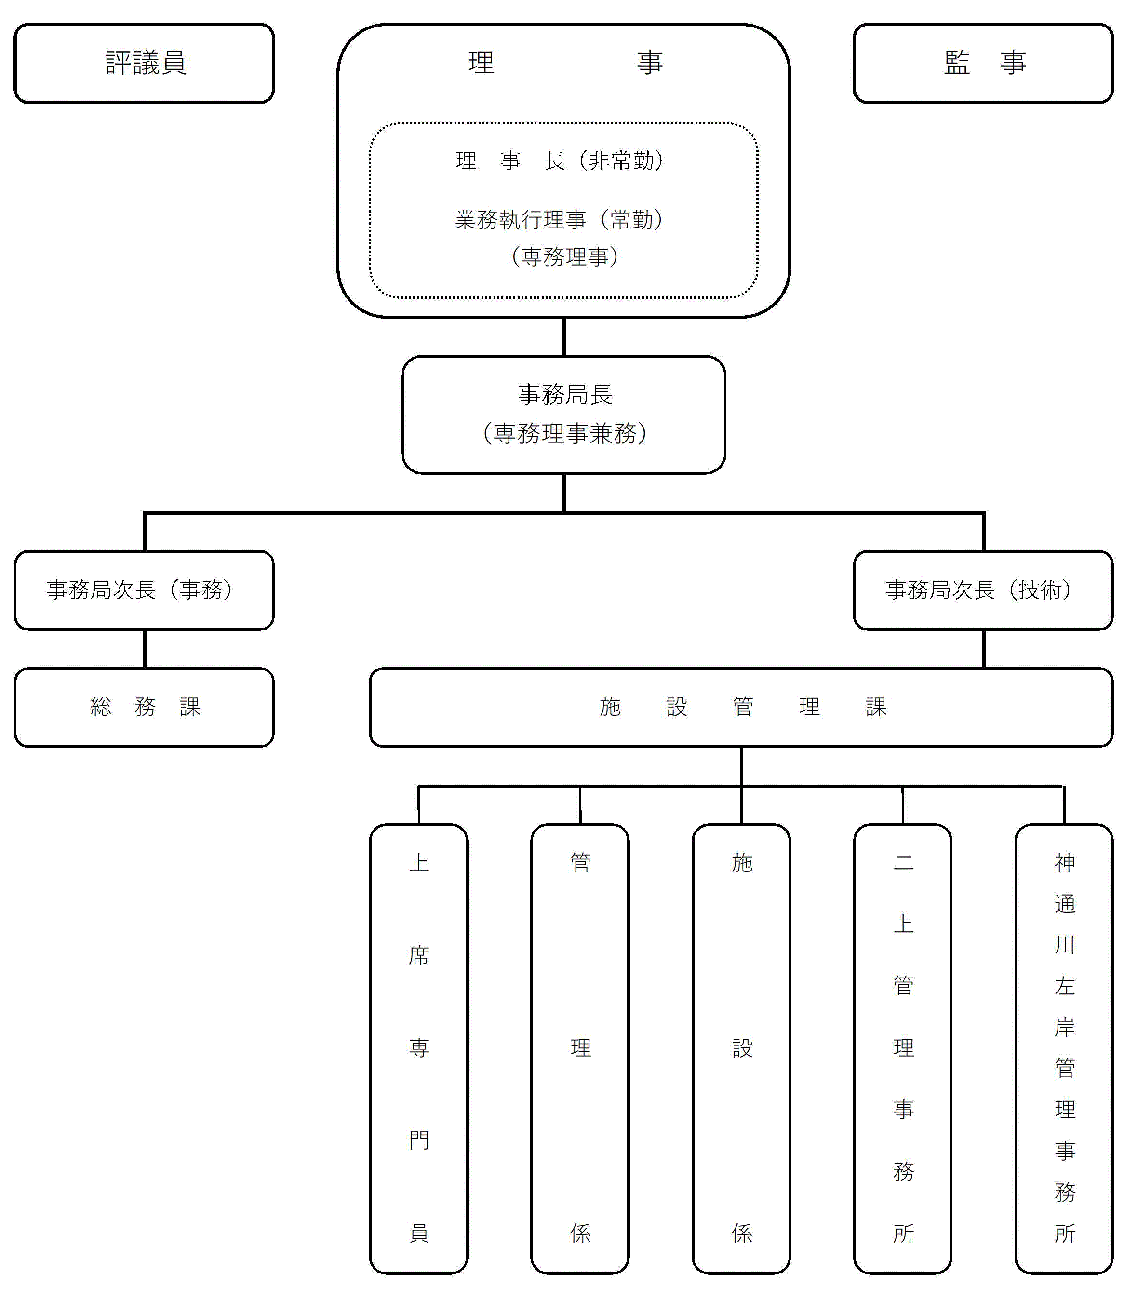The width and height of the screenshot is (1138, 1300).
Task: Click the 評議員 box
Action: (144, 64)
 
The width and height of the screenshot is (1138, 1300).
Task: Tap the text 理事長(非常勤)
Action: (560, 161)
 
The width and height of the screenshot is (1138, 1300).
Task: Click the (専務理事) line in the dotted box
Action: (564, 256)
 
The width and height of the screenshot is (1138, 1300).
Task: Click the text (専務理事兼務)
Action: (564, 434)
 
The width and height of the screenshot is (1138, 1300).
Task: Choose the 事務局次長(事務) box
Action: (144, 590)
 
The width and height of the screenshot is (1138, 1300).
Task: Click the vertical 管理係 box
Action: (580, 1048)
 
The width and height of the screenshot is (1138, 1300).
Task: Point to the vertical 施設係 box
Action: (741, 1048)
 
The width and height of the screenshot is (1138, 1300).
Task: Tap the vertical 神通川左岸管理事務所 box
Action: (1064, 1048)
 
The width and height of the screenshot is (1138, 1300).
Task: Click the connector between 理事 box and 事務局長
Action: (564, 336)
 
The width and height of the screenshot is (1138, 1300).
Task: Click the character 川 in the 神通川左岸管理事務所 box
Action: (1064, 944)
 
